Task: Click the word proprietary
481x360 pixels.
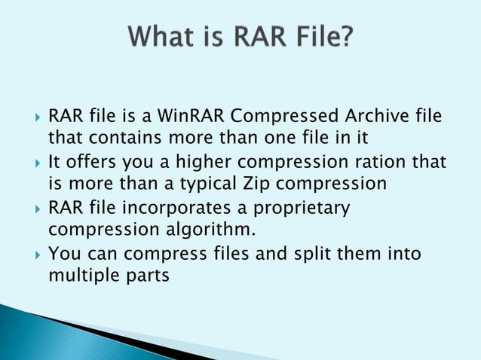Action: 299,207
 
